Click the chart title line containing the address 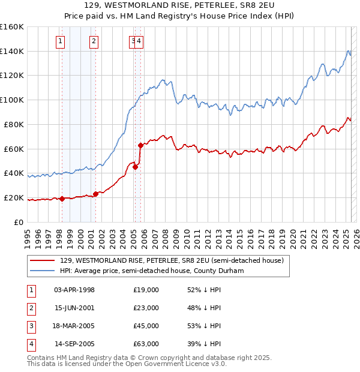(x=179, y=7)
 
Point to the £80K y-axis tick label (x=13, y=124)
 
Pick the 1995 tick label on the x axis (x=27, y=234)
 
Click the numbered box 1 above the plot (x=61, y=41)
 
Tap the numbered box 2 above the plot (x=94, y=41)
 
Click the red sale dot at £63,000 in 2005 (x=140, y=145)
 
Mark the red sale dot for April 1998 (x=62, y=199)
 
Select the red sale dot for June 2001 (x=96, y=194)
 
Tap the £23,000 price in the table (x=146, y=308)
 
